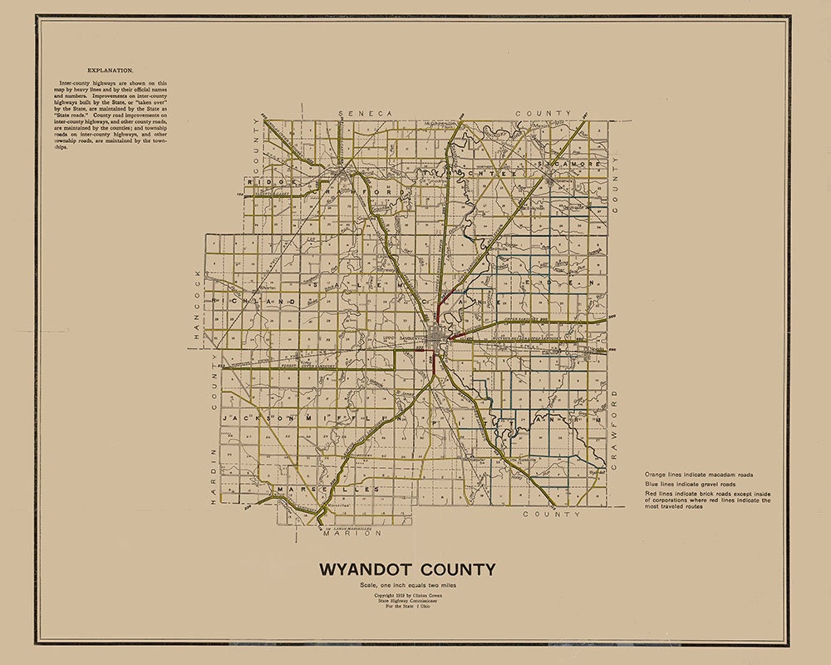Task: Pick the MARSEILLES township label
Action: (x=328, y=490)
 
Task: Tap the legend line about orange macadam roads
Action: (x=698, y=475)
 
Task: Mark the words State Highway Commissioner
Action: (x=408, y=602)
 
